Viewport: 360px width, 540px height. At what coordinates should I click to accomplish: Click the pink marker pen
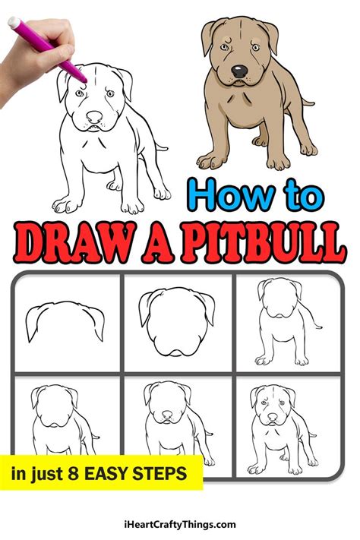pos(46,47)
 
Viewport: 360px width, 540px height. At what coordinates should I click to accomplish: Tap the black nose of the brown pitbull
pos(240,71)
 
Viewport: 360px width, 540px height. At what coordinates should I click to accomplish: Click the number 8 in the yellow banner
pos(81,474)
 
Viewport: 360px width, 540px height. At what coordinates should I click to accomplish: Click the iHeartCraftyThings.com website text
pos(179,524)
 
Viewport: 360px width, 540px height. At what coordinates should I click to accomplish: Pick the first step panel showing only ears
pos(65,323)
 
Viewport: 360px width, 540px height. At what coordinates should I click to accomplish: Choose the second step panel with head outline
pos(178,323)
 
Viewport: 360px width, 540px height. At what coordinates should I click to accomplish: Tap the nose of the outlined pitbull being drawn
pos(93,118)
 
